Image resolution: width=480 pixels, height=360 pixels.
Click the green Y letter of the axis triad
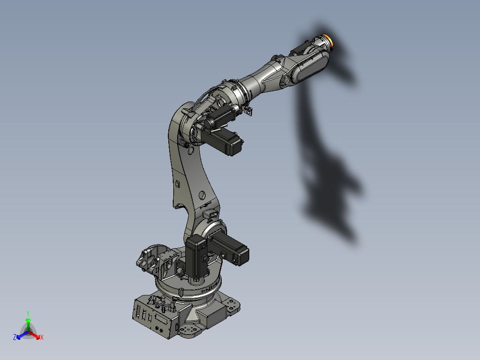28,313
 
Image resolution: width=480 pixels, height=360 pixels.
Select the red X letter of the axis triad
42,338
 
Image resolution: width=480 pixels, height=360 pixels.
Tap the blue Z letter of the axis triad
15,338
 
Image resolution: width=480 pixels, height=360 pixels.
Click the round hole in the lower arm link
202,195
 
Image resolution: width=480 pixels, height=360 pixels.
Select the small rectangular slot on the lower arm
177,183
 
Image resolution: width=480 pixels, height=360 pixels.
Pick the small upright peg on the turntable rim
182,292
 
